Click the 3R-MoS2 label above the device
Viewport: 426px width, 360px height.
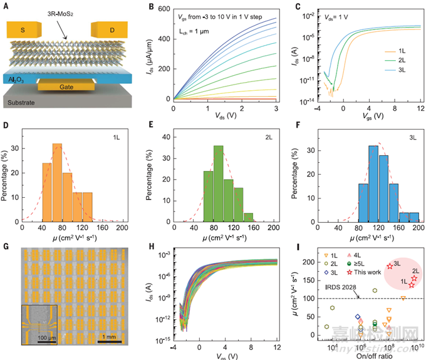tap(64, 12)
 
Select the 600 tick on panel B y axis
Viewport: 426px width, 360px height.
tap(164, 8)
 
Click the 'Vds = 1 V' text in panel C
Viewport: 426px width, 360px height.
tap(326, 14)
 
